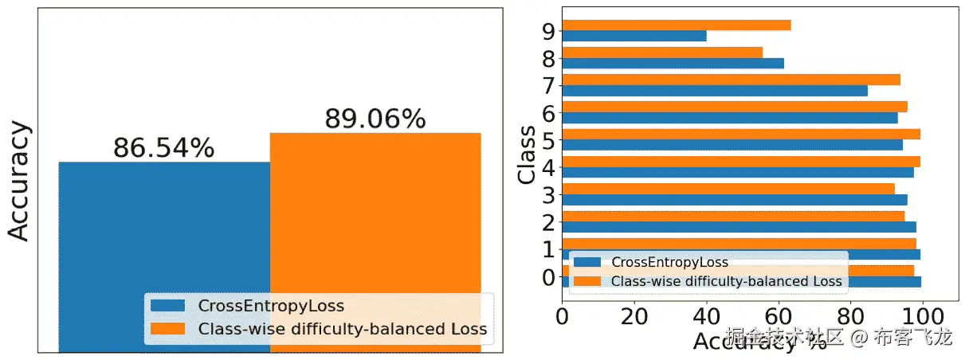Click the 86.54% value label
point(163,148)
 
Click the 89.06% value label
point(375,119)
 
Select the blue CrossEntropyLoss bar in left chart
point(163,231)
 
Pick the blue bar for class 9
point(634,36)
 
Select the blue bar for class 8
point(673,63)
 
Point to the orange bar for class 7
point(731,80)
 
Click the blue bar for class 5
point(732,145)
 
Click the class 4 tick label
point(547,166)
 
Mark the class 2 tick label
point(547,221)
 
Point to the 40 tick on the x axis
point(706,317)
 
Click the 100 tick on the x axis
point(923,317)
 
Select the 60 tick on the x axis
point(778,317)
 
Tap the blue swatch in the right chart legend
point(589,262)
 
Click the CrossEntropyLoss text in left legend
point(271,306)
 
